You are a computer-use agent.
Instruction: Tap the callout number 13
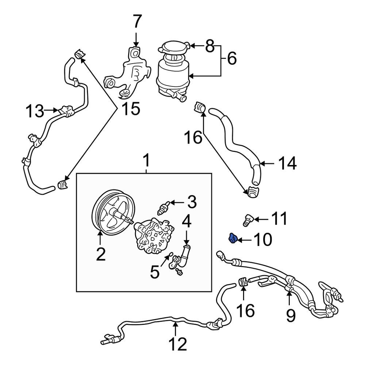click(x=36, y=111)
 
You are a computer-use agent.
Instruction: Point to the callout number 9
click(x=290, y=314)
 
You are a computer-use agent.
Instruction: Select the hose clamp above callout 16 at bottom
click(x=243, y=282)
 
